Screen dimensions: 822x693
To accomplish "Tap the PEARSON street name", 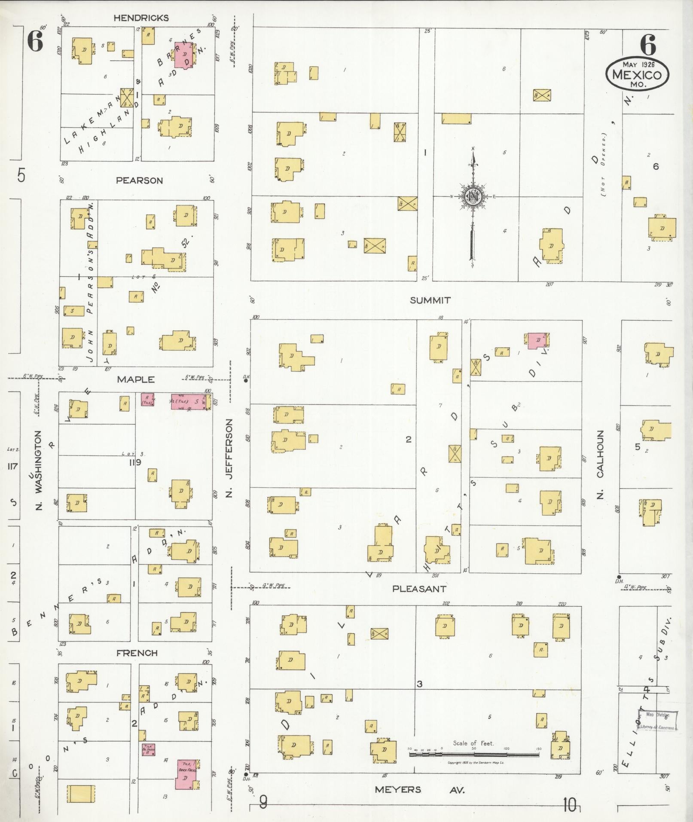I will (x=140, y=180).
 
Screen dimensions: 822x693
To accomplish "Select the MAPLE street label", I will (x=136, y=379).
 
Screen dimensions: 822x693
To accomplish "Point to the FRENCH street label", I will (x=137, y=653).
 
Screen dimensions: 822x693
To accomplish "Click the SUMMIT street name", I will (x=430, y=300).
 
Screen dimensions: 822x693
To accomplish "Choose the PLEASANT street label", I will (x=419, y=588).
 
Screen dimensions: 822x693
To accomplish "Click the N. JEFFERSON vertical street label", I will (x=229, y=458).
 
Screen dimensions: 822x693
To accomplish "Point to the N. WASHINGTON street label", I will (x=39, y=471).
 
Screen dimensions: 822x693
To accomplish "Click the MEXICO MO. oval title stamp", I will (x=637, y=74).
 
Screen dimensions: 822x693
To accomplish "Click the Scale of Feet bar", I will (x=473, y=754).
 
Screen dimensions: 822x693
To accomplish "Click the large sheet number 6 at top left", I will (x=35, y=42).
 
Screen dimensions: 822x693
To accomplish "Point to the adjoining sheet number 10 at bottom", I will (x=570, y=806).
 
